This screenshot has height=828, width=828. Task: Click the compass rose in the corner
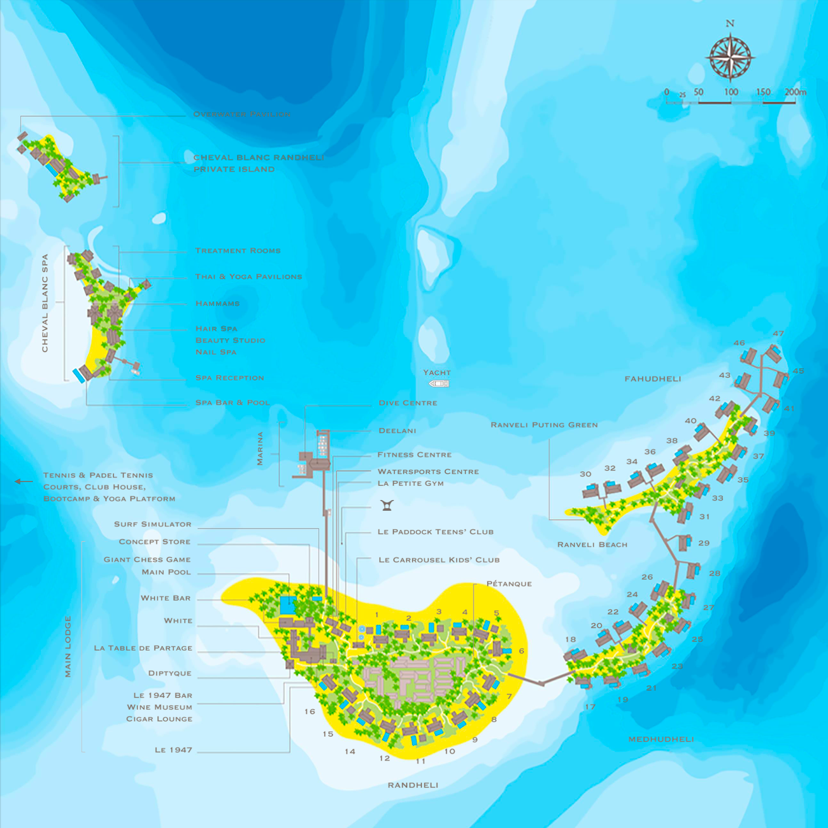click(730, 57)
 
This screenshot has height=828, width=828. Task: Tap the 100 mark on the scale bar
click(731, 92)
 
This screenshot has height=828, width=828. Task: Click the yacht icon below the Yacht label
click(439, 383)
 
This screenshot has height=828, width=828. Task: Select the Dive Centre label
click(408, 403)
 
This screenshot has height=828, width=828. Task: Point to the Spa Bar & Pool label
click(232, 403)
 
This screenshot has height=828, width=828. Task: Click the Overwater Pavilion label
click(242, 115)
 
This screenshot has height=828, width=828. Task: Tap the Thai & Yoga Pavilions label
click(248, 277)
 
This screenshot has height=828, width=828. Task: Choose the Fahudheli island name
click(653, 379)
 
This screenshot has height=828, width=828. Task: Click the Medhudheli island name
click(661, 739)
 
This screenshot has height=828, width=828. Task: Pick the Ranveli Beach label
click(592, 545)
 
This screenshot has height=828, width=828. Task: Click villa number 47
click(778, 334)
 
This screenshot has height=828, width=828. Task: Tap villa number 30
click(585, 475)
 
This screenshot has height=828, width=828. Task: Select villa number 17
click(590, 707)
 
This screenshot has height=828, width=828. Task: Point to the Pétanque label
click(509, 584)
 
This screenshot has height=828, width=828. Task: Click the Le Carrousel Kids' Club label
click(439, 560)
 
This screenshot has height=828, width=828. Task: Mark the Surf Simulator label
click(153, 524)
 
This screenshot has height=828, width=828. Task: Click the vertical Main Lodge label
click(68, 646)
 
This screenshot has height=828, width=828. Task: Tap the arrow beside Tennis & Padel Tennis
click(24, 482)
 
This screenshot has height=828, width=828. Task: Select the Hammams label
click(218, 304)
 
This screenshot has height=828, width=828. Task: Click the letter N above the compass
click(730, 24)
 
